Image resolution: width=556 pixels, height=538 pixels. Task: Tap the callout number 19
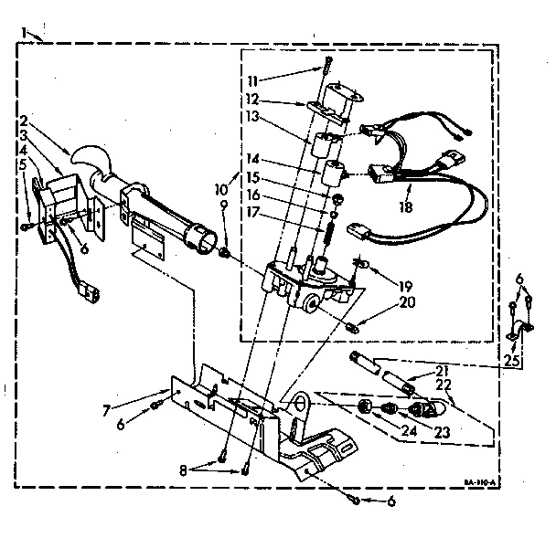coord(407,284)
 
